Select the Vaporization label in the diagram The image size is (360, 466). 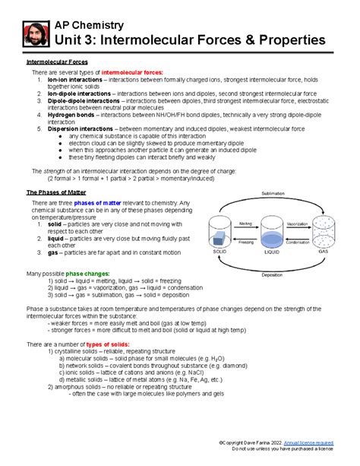pos(302,224)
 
